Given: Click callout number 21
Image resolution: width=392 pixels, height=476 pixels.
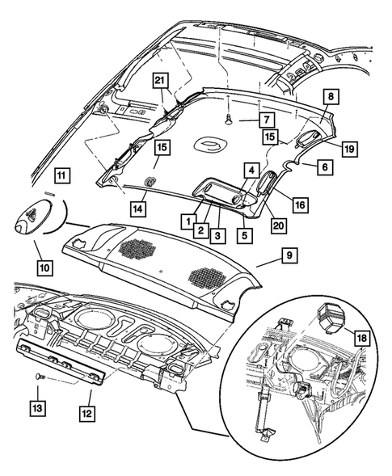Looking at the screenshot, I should [160, 79].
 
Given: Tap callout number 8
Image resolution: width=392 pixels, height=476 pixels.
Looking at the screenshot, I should [331, 96].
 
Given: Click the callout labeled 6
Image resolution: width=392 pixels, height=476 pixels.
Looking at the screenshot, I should [322, 166].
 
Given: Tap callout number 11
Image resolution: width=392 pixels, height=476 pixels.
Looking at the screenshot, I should [62, 175].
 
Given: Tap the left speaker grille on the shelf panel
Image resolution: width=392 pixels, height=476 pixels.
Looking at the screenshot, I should [133, 247].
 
